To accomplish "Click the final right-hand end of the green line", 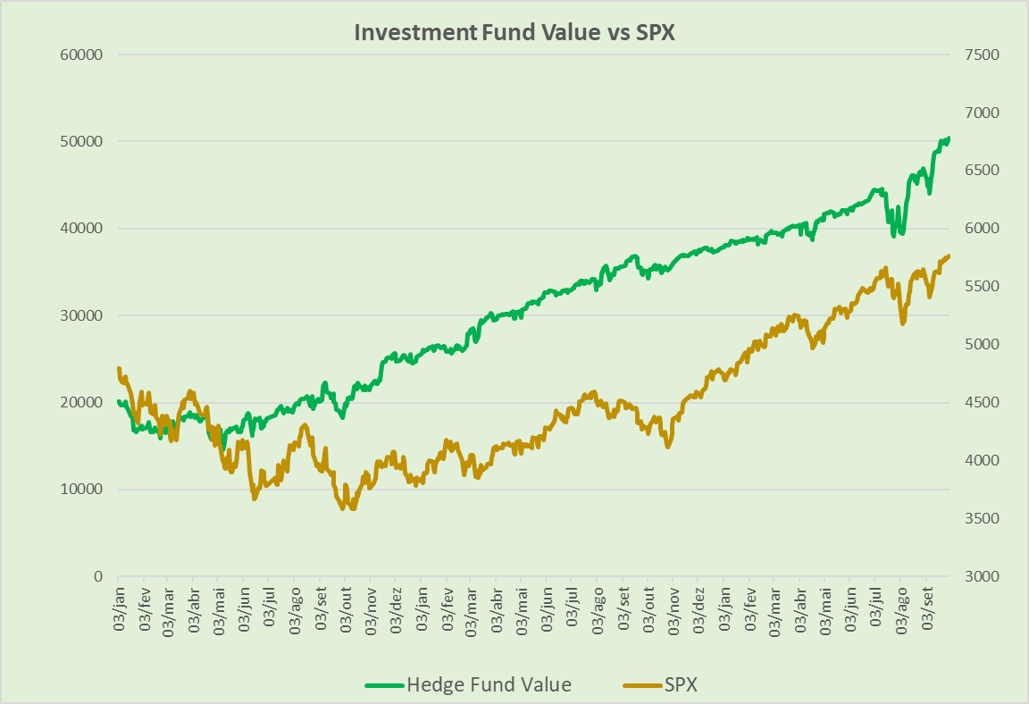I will point(949,138).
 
